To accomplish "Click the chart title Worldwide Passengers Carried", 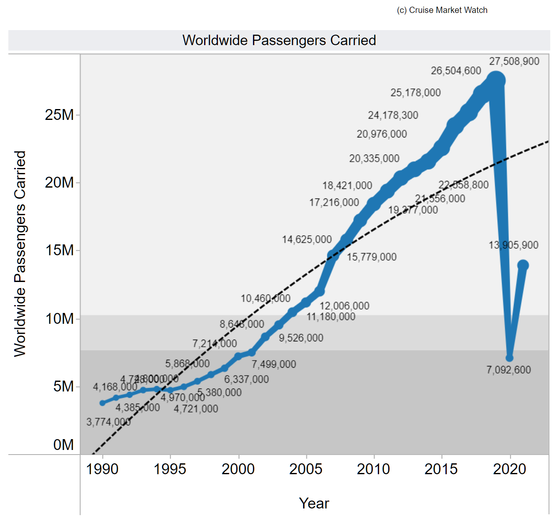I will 279,41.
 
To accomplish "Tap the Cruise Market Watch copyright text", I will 442,10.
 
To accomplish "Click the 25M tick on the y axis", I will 59,115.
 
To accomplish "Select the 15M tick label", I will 59,251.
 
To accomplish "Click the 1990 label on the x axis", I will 102,470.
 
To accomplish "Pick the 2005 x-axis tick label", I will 306,470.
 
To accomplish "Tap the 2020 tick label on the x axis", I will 509,470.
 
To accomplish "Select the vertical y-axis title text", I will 20,254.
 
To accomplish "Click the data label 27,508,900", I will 514,61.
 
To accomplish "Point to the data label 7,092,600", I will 508,370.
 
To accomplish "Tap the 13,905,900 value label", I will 514,245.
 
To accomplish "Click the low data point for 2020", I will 509,358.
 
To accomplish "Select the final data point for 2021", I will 523,265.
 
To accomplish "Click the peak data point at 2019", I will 496,80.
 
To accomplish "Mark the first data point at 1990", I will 103,403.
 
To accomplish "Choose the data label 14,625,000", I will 307,240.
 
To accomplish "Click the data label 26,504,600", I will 456,71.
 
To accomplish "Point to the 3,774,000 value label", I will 109,422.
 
